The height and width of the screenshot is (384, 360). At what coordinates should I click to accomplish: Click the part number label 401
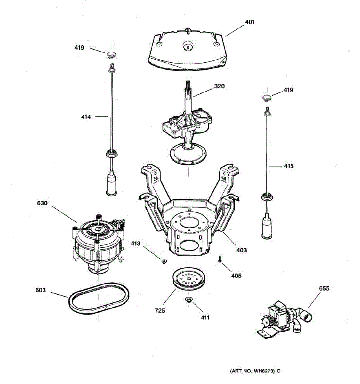pyautogui.click(x=250, y=22)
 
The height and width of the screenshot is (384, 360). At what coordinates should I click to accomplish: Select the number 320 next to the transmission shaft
pyautogui.click(x=219, y=86)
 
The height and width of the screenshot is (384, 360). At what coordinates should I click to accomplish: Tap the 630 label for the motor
pyautogui.click(x=42, y=203)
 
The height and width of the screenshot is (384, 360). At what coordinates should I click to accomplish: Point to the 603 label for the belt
pyautogui.click(x=41, y=290)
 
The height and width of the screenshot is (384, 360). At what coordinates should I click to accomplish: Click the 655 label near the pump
pyautogui.click(x=324, y=288)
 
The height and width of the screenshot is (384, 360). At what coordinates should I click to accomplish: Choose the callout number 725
pyautogui.click(x=160, y=310)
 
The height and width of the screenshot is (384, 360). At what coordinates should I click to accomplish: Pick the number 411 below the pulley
pyautogui.click(x=205, y=317)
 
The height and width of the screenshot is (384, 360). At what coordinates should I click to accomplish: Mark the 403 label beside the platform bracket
pyautogui.click(x=242, y=250)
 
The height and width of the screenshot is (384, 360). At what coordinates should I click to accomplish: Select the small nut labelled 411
pyautogui.click(x=188, y=300)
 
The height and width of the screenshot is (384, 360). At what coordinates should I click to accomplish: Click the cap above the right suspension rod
pyautogui.click(x=267, y=97)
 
